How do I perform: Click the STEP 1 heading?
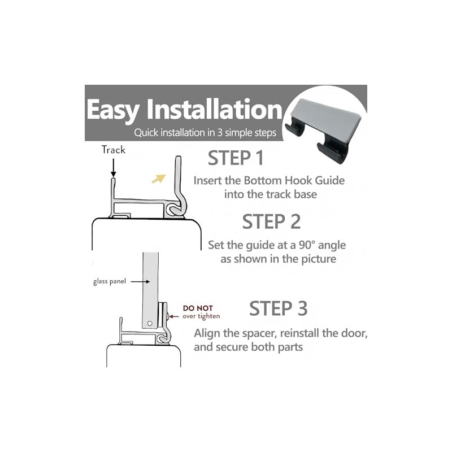(236, 158)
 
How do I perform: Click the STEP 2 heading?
(271, 221)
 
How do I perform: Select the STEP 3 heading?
(278, 308)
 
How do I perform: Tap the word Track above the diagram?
(114, 150)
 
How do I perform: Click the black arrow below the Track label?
(114, 167)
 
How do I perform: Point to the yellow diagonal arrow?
(159, 179)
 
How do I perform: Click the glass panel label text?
(110, 281)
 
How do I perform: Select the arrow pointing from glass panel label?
(140, 281)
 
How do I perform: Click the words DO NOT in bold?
(198, 308)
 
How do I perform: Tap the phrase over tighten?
(201, 316)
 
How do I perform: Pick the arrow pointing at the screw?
(173, 316)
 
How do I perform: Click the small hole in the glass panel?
(150, 323)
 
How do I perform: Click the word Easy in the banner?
(113, 110)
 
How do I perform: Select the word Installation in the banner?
(215, 109)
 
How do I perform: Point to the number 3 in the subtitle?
(220, 133)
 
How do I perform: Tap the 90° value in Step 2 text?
(307, 245)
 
